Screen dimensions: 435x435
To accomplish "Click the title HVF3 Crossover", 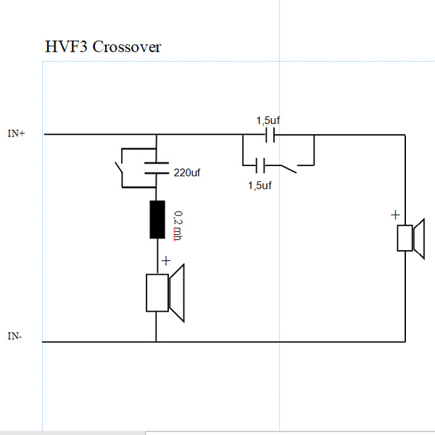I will pyautogui.click(x=103, y=47).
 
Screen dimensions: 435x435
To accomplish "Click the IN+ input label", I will pyautogui.click(x=16, y=134).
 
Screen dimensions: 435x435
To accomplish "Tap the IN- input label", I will pyautogui.click(x=15, y=336).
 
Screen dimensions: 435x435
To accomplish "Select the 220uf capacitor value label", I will pyautogui.click(x=187, y=174).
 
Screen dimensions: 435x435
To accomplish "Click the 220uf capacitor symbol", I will pyautogui.click(x=156, y=168).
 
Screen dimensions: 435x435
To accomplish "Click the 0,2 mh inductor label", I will pyautogui.click(x=178, y=225).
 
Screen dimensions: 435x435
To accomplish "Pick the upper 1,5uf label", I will pyautogui.click(x=268, y=120).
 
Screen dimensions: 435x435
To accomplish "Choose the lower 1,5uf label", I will pyautogui.click(x=259, y=185).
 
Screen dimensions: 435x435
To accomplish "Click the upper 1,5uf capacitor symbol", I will pyautogui.click(x=270, y=135).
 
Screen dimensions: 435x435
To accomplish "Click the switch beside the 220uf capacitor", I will pyautogui.click(x=119, y=167).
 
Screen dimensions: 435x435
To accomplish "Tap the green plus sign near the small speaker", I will pyautogui.click(x=395, y=215).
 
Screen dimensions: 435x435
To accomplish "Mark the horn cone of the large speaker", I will pyautogui.click(x=178, y=292).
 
